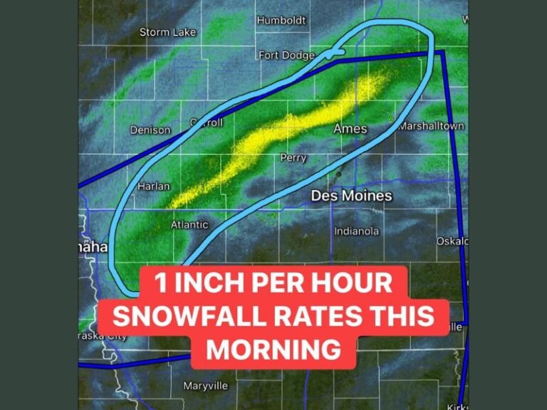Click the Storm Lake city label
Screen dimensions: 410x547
click(x=167, y=32)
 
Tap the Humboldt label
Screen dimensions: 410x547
click(x=281, y=20)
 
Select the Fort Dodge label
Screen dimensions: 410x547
click(x=286, y=55)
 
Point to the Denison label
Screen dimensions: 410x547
click(x=150, y=130)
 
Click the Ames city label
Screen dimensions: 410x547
click(x=350, y=129)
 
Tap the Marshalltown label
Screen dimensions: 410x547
click(x=432, y=126)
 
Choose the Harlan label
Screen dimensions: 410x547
click(x=153, y=186)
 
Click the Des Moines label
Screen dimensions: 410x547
click(x=351, y=195)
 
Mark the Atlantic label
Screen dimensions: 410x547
click(x=189, y=225)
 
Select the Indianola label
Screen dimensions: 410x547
click(x=357, y=231)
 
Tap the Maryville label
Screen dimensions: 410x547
click(x=205, y=386)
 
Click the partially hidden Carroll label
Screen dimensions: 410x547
click(x=208, y=122)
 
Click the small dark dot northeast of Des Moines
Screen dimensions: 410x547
click(x=339, y=174)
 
